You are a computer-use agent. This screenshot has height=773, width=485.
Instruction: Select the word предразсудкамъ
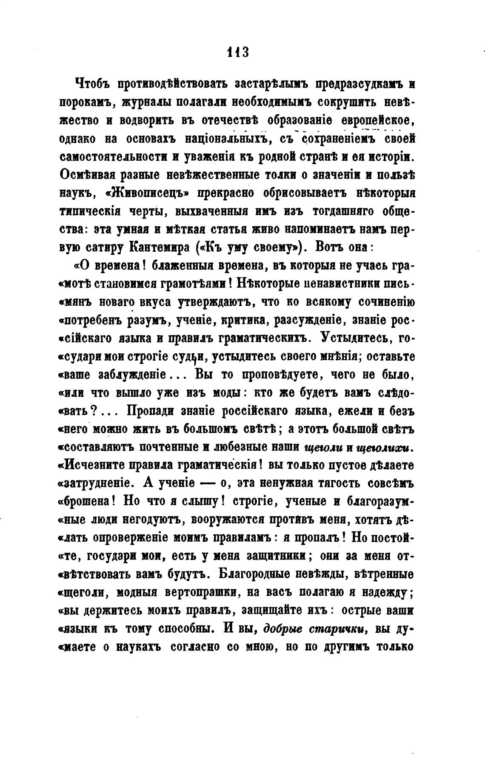pos(360,84)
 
